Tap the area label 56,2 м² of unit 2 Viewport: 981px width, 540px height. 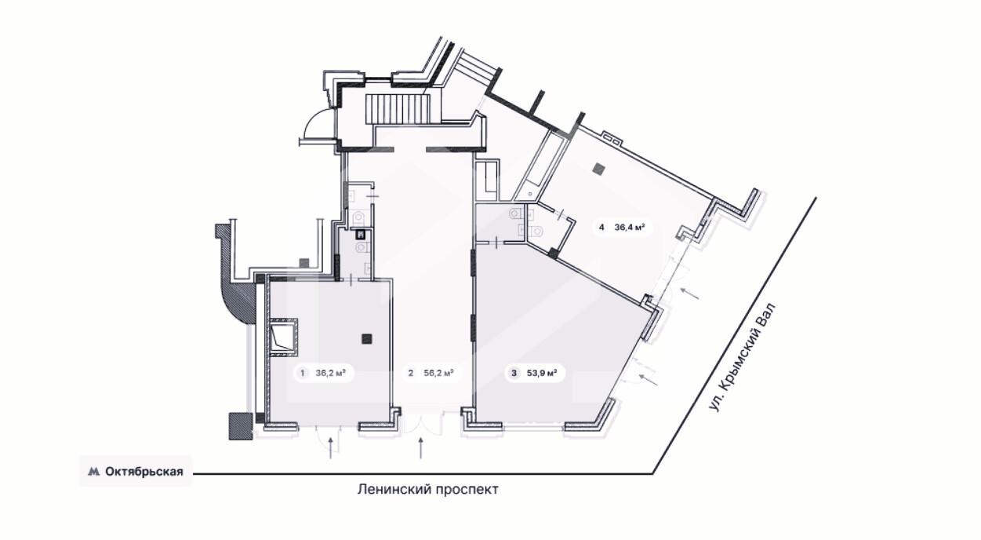point(438,373)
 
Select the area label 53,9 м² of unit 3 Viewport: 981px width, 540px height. point(542,373)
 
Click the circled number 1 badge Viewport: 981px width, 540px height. point(302,373)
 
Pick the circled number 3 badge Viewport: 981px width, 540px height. point(514,373)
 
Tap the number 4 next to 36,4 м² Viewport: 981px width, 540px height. point(601,227)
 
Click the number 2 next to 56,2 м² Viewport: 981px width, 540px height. point(411,373)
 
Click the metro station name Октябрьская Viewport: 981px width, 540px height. point(144,472)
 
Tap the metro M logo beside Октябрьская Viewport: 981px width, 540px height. point(94,472)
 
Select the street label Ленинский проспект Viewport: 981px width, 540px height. point(428,489)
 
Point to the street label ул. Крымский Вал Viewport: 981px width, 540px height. point(743,357)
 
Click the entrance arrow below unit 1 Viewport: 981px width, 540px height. point(331,447)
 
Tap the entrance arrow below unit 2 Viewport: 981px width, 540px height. point(421,447)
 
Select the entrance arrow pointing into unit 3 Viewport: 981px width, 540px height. point(649,380)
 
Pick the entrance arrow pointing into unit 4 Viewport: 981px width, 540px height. point(690,293)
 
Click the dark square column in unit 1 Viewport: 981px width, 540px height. point(367,339)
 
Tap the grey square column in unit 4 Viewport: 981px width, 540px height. point(598,168)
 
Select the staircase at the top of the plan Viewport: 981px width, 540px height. point(398,110)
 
